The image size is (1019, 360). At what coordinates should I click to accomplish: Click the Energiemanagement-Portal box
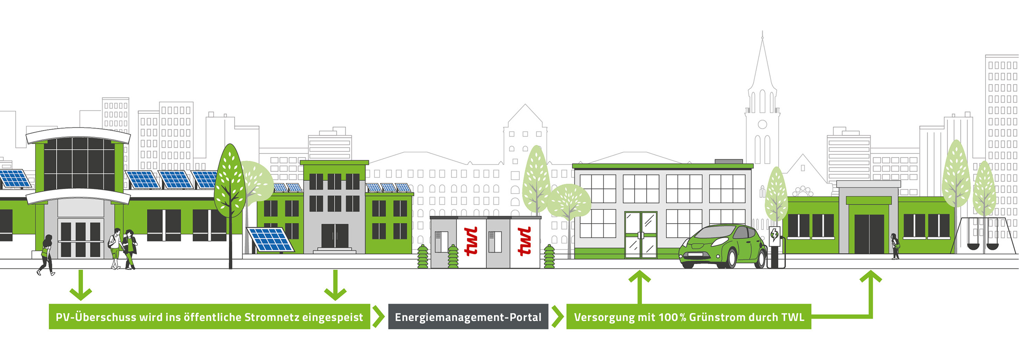[x=468, y=317]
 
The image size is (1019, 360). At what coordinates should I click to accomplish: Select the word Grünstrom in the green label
[x=717, y=317]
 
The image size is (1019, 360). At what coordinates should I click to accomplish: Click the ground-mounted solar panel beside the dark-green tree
[x=270, y=239]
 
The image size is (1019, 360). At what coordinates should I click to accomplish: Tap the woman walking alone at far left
[x=46, y=255]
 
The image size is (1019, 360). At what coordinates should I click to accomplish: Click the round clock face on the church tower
[x=763, y=124]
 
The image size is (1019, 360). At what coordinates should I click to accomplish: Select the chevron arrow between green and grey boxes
[x=378, y=317]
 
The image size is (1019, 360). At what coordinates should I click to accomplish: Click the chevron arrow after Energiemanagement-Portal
[x=557, y=317]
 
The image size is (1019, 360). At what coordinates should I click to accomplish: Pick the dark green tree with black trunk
[x=230, y=187]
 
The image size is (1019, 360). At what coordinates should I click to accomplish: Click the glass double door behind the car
[x=641, y=234]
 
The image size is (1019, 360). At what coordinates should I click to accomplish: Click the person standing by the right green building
[x=895, y=246]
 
